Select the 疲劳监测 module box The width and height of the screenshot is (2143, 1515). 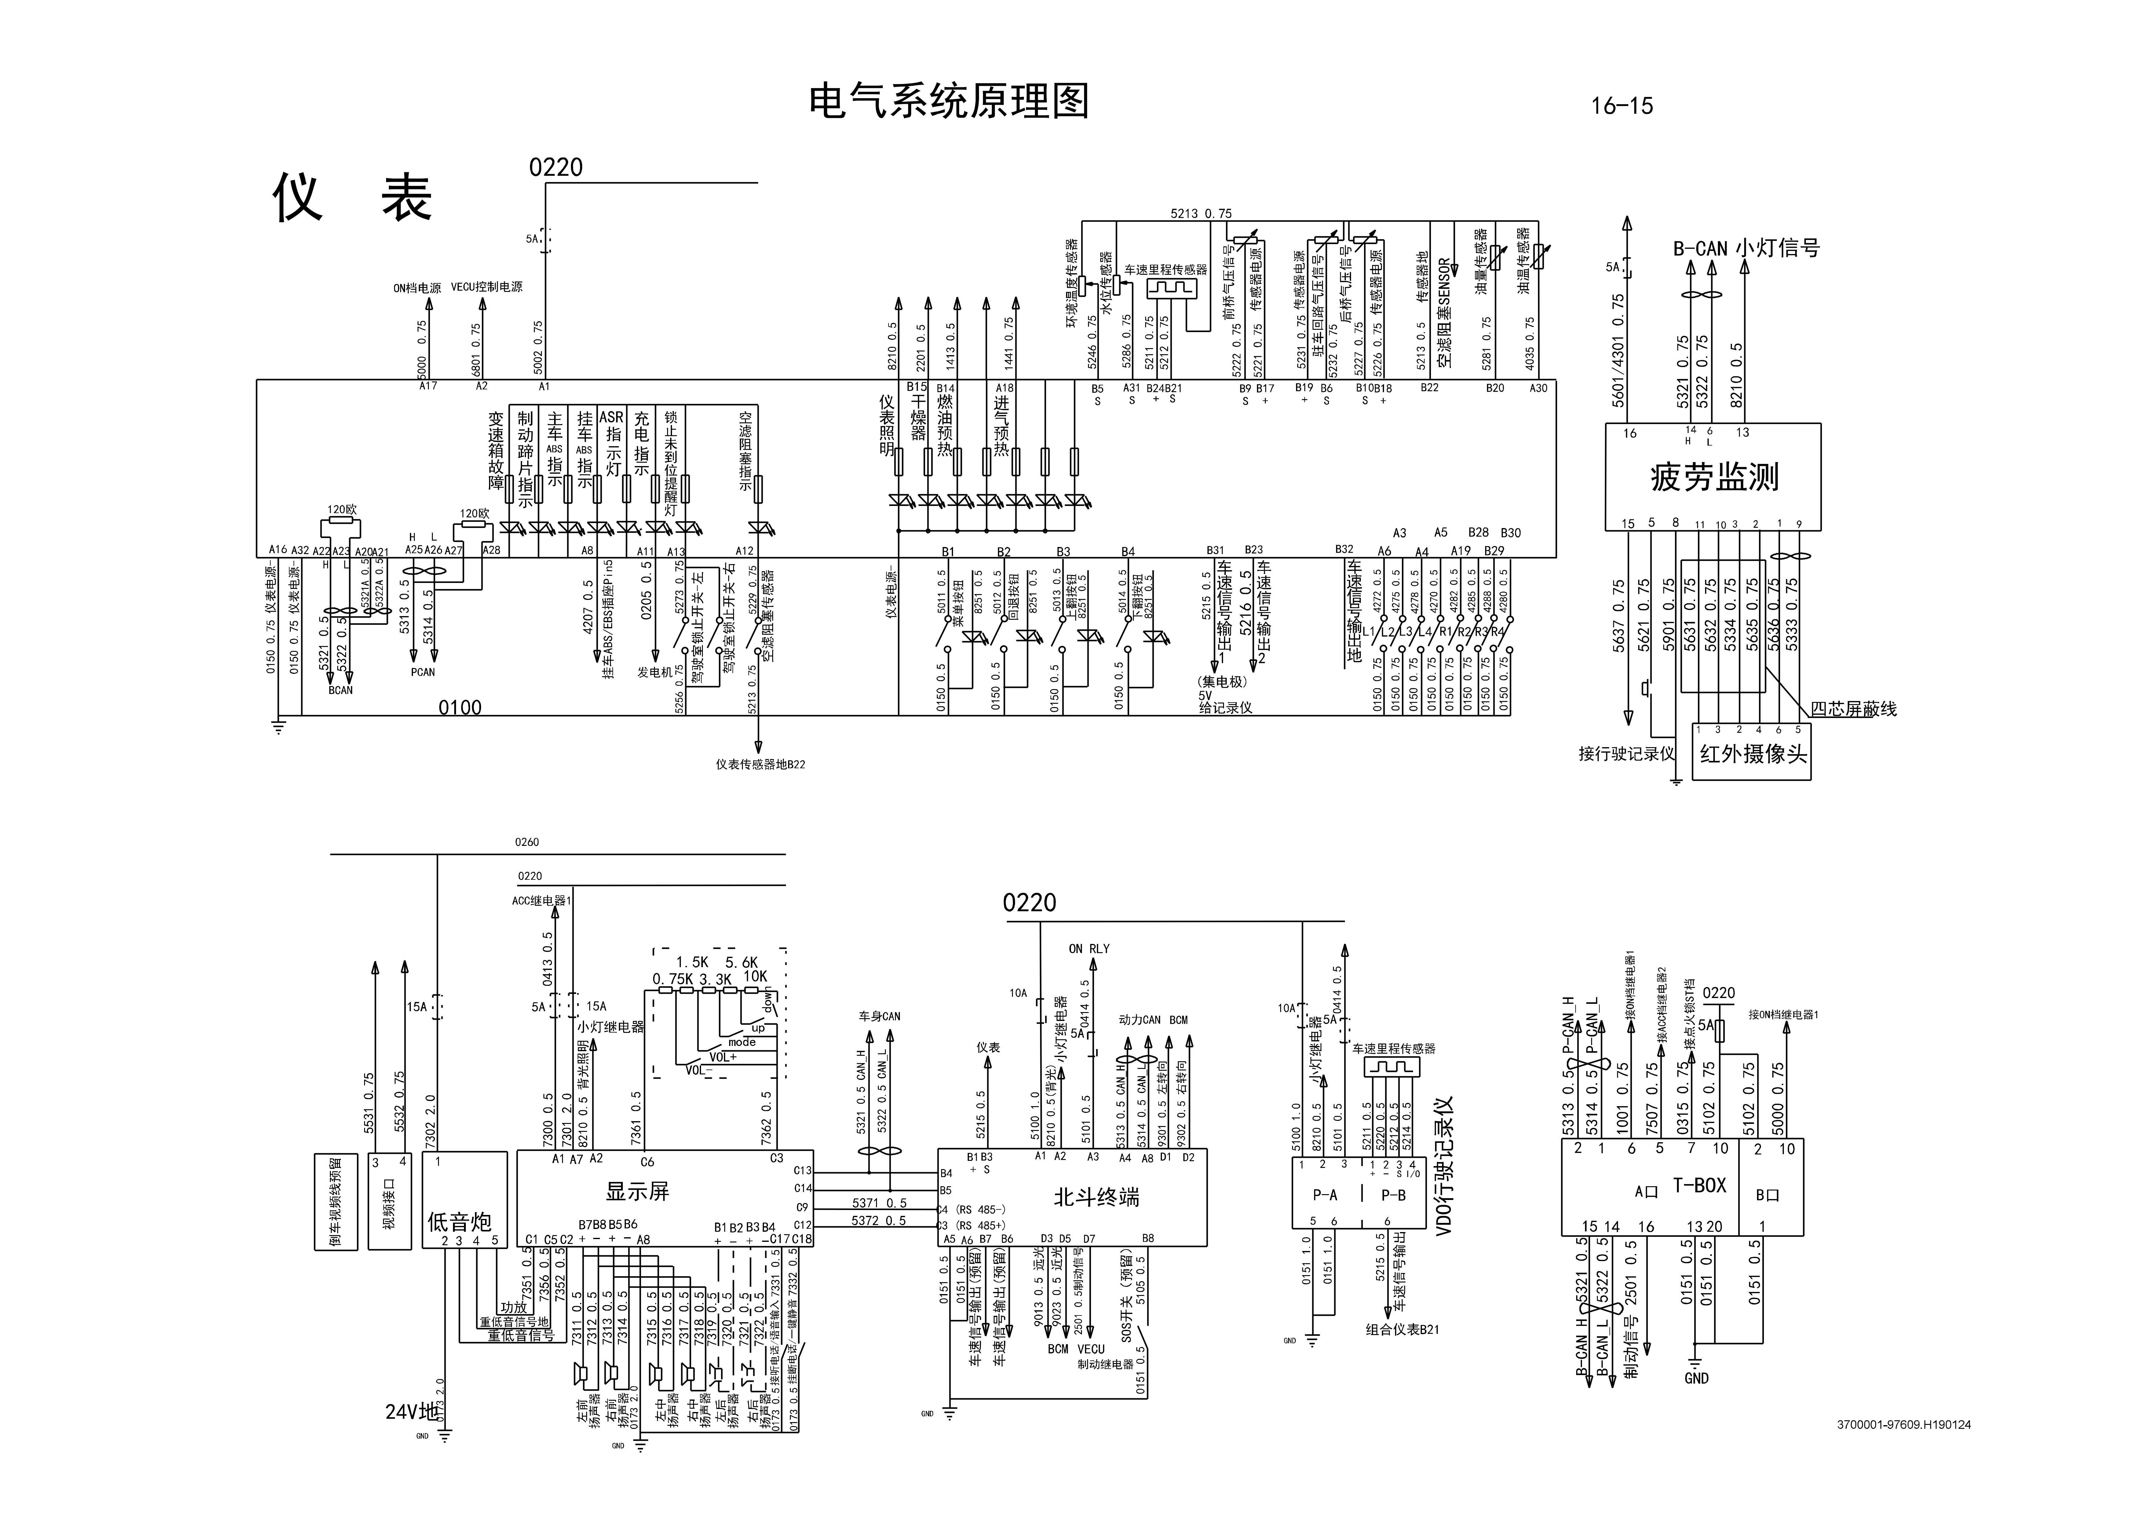click(x=1713, y=477)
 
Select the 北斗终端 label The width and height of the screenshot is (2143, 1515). click(x=1097, y=1197)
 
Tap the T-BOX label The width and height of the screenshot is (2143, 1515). click(x=1699, y=1186)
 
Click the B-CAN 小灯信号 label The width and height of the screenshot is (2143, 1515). click(x=1745, y=248)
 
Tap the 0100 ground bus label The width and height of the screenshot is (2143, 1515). click(x=460, y=708)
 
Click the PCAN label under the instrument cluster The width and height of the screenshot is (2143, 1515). click(x=422, y=672)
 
